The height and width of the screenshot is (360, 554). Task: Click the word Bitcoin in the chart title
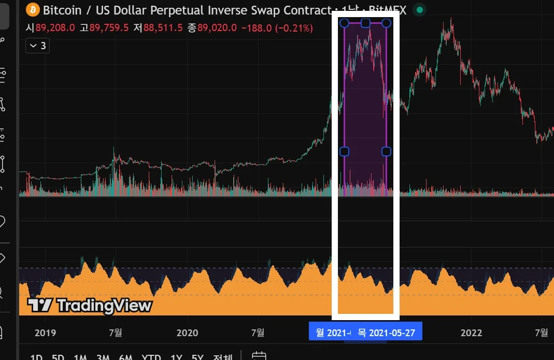pyautogui.click(x=62, y=10)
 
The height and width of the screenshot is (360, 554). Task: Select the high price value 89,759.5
pyautogui.click(x=109, y=28)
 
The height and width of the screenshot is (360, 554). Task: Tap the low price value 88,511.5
pyautogui.click(x=163, y=28)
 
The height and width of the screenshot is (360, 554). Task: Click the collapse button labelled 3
pyautogui.click(x=37, y=46)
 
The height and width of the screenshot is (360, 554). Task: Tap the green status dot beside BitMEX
pyautogui.click(x=420, y=10)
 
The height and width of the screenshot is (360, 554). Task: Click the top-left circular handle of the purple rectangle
pyautogui.click(x=344, y=23)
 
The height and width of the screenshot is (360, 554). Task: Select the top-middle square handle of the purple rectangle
pyautogui.click(x=365, y=23)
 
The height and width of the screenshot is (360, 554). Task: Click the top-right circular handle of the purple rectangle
pyautogui.click(x=386, y=23)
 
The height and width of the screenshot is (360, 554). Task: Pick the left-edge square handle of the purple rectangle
pyautogui.click(x=344, y=151)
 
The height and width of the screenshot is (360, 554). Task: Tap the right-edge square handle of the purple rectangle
pyautogui.click(x=386, y=151)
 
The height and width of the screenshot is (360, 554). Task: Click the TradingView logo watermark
pyautogui.click(x=90, y=305)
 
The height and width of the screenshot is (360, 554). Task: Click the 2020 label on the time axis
pyautogui.click(x=187, y=332)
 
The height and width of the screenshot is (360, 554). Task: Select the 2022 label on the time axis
pyautogui.click(x=472, y=332)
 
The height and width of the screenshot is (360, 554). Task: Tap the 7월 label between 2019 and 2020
pyautogui.click(x=116, y=332)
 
